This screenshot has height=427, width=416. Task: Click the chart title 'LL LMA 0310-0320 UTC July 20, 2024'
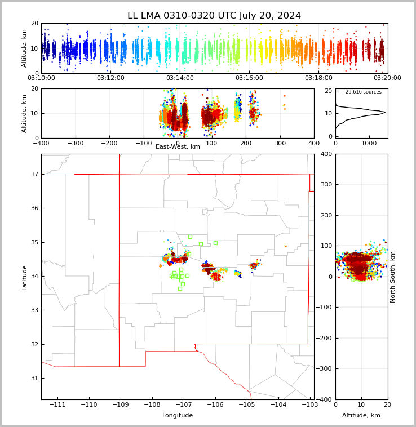214,16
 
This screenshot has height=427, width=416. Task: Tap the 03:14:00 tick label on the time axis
180,78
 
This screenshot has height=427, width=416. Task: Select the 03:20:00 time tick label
387,78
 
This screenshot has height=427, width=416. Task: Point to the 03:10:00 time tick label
42,78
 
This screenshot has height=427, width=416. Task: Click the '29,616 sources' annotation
363,92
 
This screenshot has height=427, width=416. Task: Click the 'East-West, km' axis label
178,147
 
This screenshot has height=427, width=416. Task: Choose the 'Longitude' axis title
178,416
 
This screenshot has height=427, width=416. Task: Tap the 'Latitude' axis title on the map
24,277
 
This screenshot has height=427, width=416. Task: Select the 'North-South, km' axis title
393,277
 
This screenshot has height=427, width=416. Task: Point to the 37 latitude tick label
34,175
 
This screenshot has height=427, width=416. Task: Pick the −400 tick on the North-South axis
325,399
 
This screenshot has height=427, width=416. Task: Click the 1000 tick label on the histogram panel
369,143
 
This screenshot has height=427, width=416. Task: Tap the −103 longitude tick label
309,405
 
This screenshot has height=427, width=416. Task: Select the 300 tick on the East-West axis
280,143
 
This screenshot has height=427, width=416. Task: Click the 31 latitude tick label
34,378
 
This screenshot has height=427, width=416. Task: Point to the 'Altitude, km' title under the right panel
361,416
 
